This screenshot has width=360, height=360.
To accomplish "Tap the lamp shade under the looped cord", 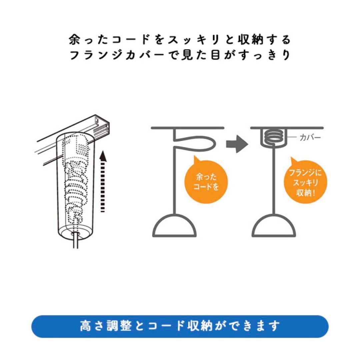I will pyautogui.click(x=175, y=226).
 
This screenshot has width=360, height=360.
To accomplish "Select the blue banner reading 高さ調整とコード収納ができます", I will pyautogui.click(x=180, y=326).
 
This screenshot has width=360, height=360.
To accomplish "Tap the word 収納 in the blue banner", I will pyautogui.click(x=200, y=326).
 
